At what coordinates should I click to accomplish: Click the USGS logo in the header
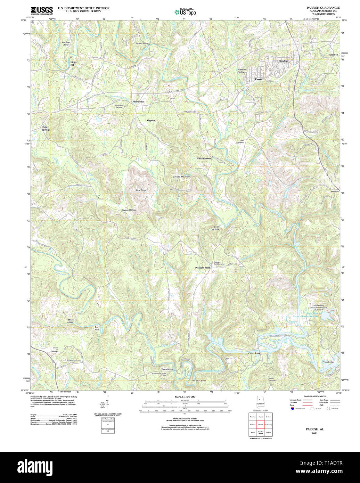42,10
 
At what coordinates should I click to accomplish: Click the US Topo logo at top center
185,12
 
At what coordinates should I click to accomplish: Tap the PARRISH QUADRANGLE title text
323,8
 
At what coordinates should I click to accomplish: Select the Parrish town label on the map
259,79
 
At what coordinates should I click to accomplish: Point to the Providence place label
138,101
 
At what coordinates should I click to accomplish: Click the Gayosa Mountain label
181,177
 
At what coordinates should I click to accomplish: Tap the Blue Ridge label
141,190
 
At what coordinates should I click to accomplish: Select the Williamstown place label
203,158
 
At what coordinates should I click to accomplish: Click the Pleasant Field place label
202,268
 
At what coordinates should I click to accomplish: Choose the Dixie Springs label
46,128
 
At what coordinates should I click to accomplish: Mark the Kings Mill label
73,63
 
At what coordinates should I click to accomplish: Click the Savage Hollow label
129,210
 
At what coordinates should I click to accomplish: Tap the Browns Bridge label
142,43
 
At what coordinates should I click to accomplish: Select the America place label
333,55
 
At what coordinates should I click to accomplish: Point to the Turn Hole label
97,328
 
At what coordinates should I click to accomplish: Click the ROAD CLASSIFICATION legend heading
314,396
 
